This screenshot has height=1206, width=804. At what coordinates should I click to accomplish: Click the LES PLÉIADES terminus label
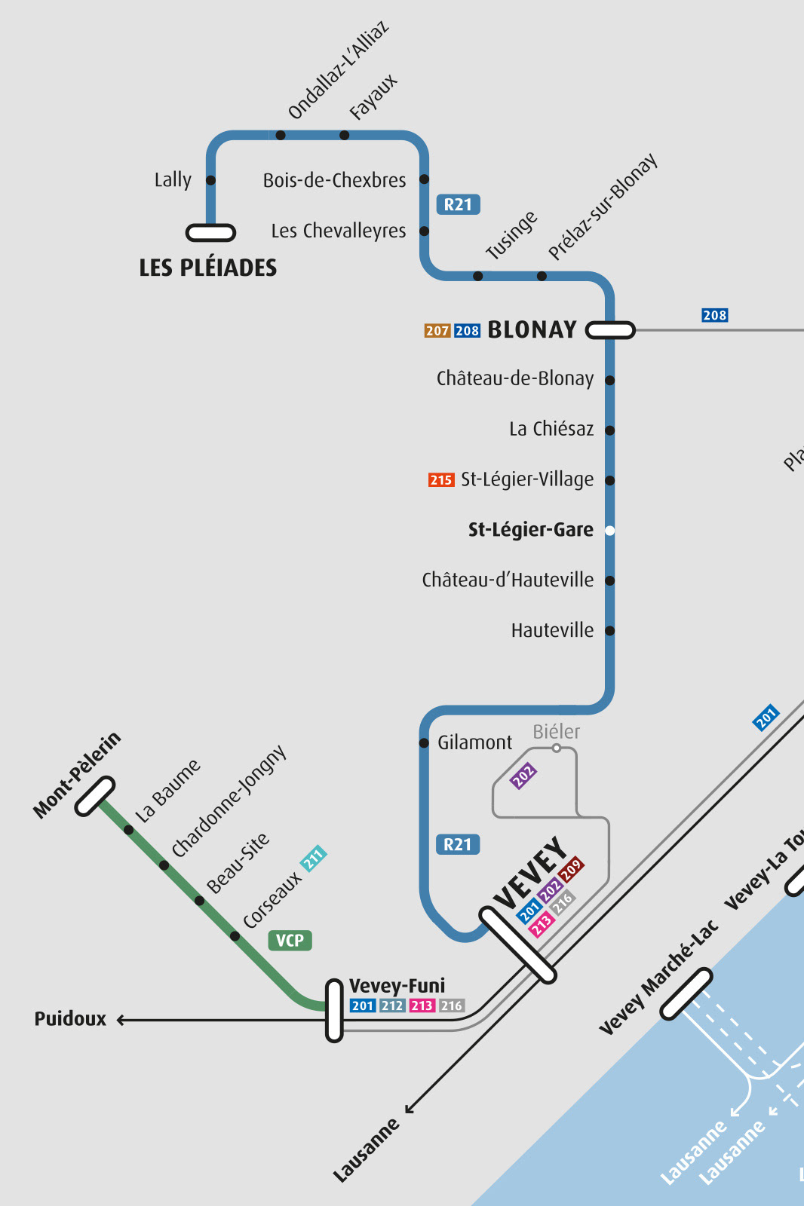coord(207,268)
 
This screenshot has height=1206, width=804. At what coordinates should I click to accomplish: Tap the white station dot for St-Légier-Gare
coord(609,531)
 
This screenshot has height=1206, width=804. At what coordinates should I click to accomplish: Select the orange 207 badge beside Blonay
coord(437,331)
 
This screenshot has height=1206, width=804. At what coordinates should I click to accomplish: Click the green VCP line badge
coord(290,941)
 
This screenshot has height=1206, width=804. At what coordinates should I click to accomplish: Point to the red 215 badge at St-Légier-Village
coord(441,480)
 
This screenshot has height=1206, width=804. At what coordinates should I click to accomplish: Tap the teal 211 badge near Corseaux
coord(313,858)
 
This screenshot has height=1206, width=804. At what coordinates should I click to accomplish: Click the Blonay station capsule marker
coord(610,330)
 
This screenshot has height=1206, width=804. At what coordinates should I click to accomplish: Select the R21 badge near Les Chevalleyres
coord(458,204)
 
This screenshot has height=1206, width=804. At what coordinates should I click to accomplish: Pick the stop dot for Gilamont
coord(424,743)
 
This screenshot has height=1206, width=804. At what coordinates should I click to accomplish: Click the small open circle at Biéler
coord(556,748)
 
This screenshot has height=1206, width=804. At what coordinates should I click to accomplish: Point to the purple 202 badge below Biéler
coord(523,775)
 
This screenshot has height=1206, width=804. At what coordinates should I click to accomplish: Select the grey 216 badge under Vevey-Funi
coord(452,1006)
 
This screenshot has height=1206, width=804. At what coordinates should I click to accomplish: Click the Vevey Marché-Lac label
coord(658,978)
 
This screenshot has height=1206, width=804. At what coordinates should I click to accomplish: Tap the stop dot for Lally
coord(210,180)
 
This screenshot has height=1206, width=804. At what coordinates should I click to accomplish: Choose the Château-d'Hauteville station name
coord(508,580)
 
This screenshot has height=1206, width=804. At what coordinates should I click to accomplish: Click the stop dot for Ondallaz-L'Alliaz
coord(281,136)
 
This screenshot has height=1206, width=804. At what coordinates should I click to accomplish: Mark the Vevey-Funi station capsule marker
coord(334,1010)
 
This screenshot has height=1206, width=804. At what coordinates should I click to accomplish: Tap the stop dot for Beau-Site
coord(199,901)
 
